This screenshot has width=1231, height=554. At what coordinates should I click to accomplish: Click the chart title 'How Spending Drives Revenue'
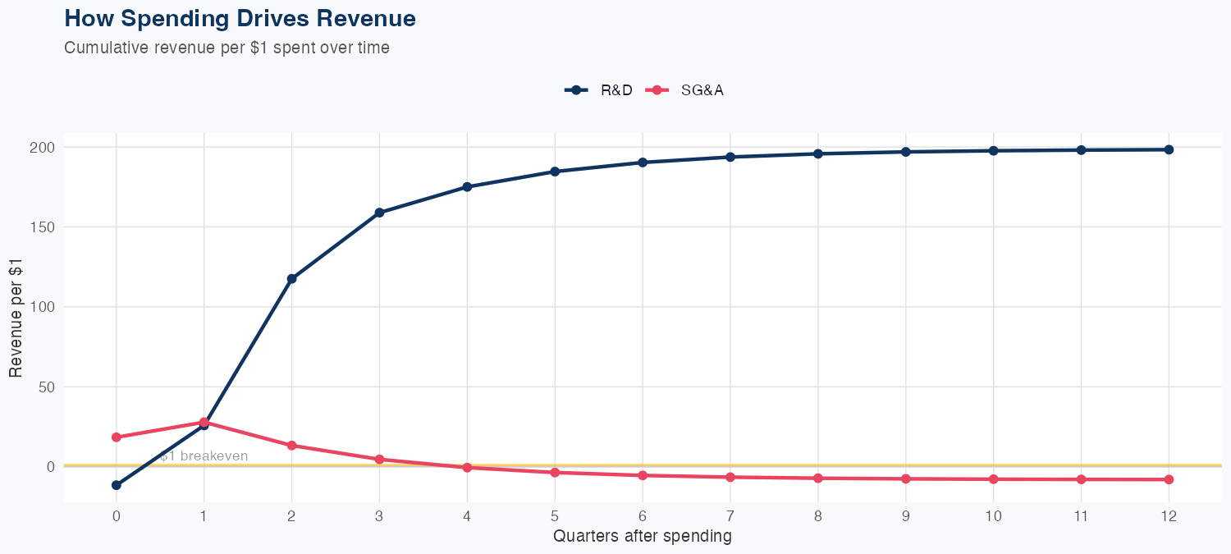click(240, 19)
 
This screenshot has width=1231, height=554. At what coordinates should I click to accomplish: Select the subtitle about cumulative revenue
click(227, 48)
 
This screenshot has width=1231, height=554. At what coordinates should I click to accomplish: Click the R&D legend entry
click(600, 90)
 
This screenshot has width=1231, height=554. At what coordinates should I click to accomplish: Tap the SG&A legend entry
click(686, 90)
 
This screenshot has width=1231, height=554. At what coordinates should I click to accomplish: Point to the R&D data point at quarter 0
click(117, 485)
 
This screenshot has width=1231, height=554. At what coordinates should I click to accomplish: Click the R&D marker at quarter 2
click(291, 279)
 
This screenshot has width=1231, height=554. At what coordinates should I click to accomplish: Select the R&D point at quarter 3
click(379, 213)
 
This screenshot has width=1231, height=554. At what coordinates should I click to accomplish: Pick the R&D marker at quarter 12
click(1169, 149)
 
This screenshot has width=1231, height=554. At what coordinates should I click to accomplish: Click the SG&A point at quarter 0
click(117, 437)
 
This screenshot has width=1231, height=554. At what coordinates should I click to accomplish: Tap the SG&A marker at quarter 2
click(291, 446)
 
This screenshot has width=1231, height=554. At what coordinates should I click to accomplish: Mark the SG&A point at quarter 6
click(643, 475)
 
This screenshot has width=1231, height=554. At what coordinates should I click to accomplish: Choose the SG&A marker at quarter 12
click(1169, 479)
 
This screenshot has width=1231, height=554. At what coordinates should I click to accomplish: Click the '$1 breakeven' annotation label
click(204, 456)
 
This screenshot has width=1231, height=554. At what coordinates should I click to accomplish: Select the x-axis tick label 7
click(730, 516)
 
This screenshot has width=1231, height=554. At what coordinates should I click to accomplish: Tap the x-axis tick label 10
click(993, 516)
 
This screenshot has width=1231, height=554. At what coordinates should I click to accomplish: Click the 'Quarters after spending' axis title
click(643, 537)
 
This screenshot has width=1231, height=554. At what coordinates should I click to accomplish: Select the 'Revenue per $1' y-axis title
click(16, 307)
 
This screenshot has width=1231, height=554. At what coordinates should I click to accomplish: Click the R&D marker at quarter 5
click(555, 172)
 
